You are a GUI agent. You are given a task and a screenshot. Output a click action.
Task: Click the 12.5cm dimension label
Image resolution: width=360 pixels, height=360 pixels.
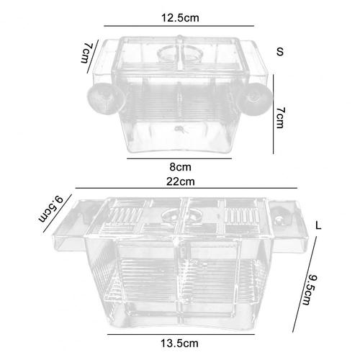tap(180, 18)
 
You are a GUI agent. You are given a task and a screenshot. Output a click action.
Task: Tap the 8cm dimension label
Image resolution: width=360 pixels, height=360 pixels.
tap(180, 167)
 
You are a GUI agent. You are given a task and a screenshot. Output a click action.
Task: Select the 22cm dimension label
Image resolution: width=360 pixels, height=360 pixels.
tap(181, 181)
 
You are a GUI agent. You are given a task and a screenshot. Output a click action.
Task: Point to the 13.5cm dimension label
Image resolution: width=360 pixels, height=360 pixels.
tap(179, 343)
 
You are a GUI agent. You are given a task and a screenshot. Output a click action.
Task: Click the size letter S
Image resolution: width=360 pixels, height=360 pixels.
tap(280, 52)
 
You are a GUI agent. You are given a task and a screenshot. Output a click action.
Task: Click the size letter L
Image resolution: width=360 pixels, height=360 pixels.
tap(318, 225)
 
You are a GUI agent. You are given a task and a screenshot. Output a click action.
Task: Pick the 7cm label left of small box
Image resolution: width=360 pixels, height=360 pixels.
tap(86, 53)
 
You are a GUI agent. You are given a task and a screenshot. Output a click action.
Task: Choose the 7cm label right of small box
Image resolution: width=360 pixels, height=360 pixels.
tap(280, 117)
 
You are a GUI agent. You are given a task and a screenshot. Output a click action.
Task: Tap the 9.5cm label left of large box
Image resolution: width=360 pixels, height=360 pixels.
tap(51, 209)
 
